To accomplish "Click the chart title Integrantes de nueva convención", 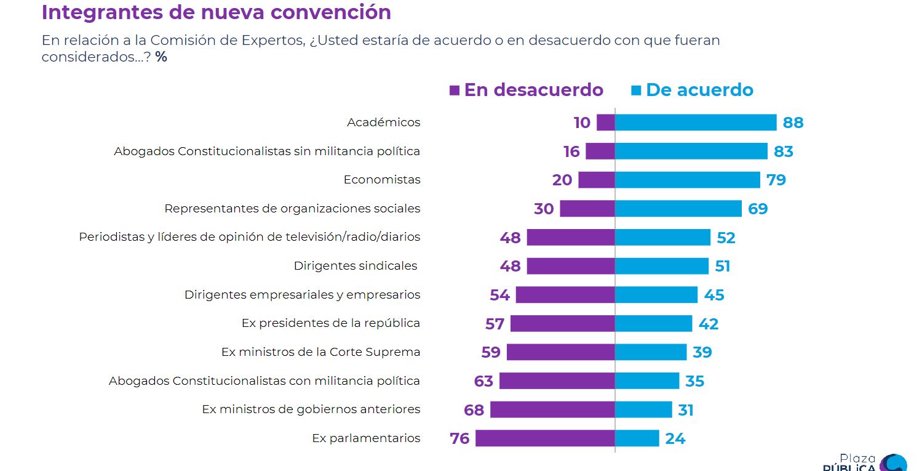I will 216,12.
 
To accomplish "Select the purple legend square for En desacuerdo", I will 455,91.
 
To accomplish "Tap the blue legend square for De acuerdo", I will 636,91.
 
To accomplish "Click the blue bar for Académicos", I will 696,123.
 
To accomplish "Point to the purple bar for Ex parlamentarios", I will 545,438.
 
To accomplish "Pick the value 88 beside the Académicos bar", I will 793,123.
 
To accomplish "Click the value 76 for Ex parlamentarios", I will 459,438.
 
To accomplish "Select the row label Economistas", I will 382,180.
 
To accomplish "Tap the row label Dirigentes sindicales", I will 356,266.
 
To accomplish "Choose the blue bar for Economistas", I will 688,180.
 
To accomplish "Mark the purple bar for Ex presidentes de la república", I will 563,324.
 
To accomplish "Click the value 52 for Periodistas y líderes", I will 726,238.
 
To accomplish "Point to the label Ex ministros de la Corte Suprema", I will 320,352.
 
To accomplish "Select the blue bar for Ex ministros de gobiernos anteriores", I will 643,409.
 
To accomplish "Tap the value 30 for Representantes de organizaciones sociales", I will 544,209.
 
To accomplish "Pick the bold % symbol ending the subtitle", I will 161,57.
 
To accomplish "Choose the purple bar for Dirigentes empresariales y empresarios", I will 565,295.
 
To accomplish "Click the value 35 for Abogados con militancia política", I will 694,381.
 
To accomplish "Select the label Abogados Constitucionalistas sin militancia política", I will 267,151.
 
